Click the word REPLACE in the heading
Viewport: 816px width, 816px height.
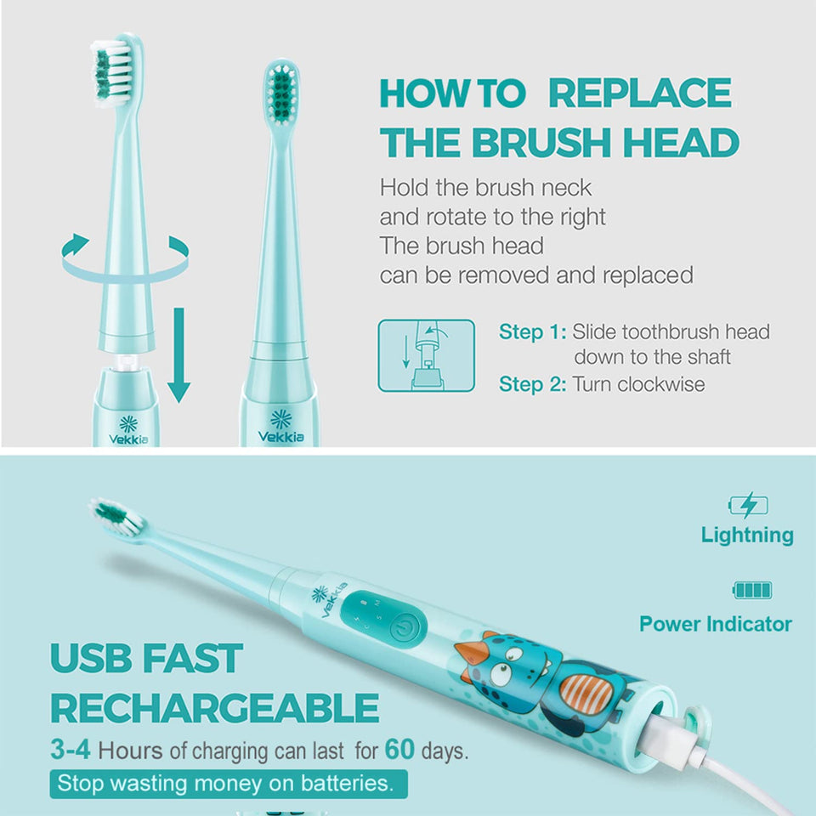[x=640, y=93]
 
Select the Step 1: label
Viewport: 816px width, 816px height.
[x=532, y=331]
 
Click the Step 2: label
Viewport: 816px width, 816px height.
[x=532, y=384]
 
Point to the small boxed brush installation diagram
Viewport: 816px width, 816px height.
[x=426, y=355]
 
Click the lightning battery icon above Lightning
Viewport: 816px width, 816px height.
[x=748, y=506]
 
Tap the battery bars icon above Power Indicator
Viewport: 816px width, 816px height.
[x=751, y=590]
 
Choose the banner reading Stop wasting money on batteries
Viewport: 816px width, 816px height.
[x=228, y=782]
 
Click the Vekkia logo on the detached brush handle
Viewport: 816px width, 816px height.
[x=128, y=429]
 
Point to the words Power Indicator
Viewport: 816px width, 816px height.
[x=715, y=624]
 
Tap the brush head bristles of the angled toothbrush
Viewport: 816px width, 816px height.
[x=114, y=516]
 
